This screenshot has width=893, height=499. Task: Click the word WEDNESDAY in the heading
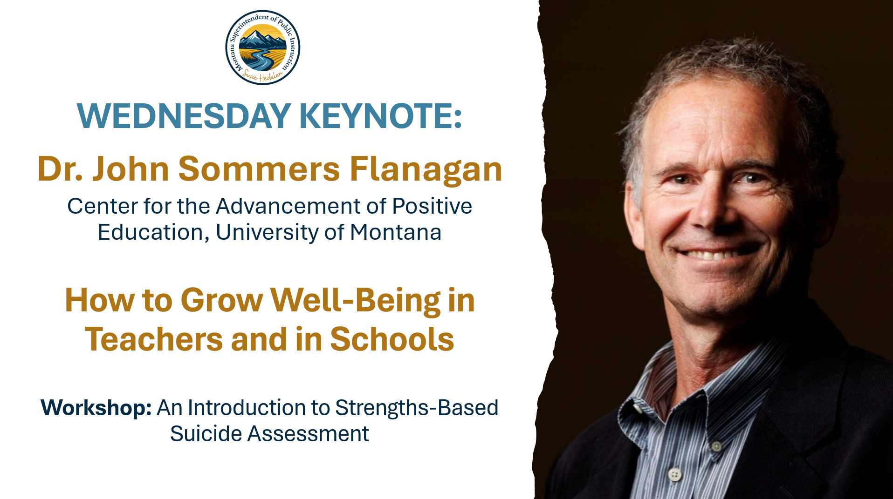pyautogui.click(x=184, y=116)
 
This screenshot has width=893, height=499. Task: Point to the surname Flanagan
pyautogui.click(x=426, y=169)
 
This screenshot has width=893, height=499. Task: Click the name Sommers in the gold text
pyautogui.click(x=259, y=169)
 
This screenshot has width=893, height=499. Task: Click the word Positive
pyautogui.click(x=432, y=206)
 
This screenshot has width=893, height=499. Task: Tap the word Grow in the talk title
pyautogui.click(x=221, y=300)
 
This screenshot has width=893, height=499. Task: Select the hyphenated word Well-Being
pyautogui.click(x=355, y=300)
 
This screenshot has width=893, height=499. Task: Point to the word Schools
pyautogui.click(x=392, y=339)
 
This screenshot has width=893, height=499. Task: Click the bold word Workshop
pyautogui.click(x=96, y=408)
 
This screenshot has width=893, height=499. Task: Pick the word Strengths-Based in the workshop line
pyautogui.click(x=417, y=408)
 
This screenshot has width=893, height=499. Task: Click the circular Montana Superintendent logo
pyautogui.click(x=263, y=47)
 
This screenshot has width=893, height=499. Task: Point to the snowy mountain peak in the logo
pyautogui.click(x=254, y=35)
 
